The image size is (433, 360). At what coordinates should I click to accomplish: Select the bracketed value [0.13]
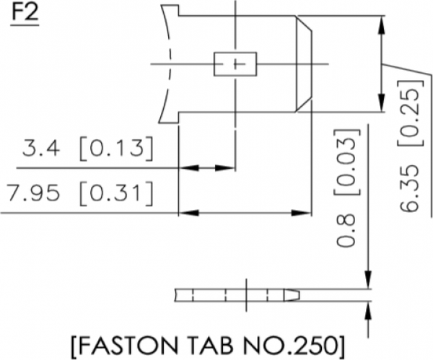[x=116, y=150]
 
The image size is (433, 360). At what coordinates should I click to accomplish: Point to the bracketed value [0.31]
[x=116, y=193]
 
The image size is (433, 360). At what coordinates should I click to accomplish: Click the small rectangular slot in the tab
[x=235, y=63]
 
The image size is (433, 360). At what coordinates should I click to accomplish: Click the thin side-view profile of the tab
[x=238, y=295]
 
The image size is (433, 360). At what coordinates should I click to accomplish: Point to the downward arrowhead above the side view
[x=369, y=281]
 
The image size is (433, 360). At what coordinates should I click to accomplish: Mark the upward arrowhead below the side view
[x=369, y=309]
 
